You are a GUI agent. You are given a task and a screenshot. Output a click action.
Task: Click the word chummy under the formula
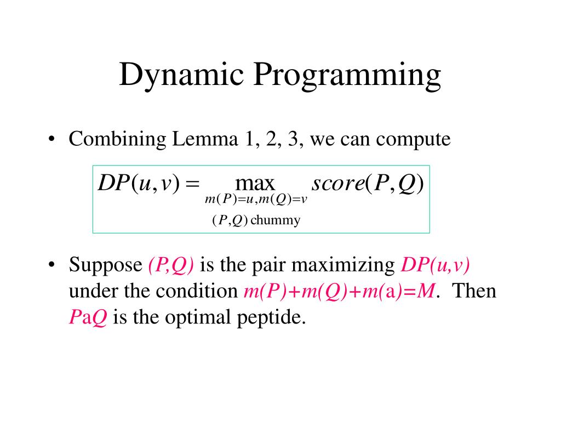[276, 220]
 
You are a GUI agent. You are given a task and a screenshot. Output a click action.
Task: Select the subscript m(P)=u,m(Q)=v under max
[256, 200]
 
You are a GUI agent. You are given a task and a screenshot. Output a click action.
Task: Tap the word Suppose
[105, 265]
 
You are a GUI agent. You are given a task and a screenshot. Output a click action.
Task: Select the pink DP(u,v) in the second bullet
[436, 265]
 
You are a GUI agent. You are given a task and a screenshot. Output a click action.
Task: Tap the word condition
[195, 291]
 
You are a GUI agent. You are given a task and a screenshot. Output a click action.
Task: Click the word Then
[474, 291]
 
